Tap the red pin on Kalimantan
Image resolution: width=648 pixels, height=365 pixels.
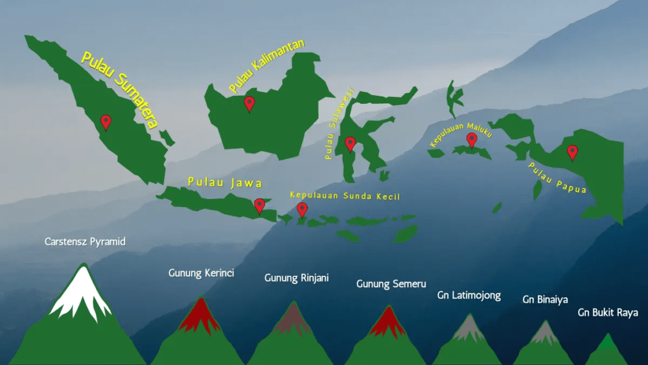(249, 103)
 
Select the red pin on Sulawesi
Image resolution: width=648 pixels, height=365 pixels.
(350, 144)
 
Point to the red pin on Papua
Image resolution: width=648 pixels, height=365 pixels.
(572, 152)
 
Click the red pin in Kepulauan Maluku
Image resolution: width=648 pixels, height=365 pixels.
(471, 139)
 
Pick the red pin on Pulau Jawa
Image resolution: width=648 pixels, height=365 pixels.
(259, 205)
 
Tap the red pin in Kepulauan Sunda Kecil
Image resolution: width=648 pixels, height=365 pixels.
(302, 209)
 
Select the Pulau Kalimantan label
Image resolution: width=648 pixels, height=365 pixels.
(266, 64)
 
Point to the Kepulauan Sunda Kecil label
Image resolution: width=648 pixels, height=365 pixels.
(345, 196)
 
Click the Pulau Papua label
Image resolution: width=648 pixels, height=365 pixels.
(557, 178)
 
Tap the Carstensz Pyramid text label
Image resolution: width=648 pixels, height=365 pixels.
(85, 241)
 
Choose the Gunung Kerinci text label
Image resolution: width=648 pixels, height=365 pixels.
(201, 273)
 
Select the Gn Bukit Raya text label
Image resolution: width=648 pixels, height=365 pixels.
(607, 312)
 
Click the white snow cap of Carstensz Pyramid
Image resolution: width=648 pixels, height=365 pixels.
(81, 296)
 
